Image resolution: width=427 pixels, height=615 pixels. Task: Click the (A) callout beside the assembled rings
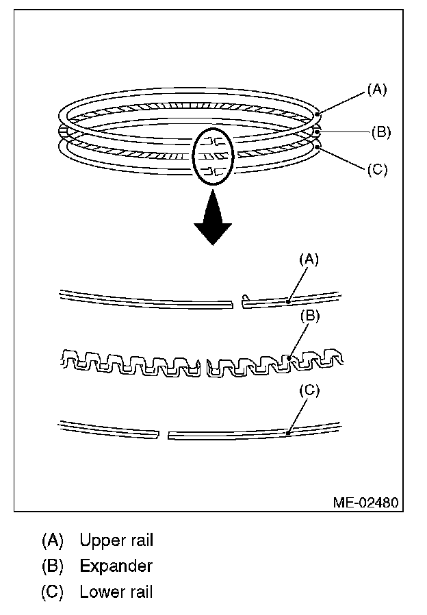377,89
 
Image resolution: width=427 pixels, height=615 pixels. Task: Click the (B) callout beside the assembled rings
380,132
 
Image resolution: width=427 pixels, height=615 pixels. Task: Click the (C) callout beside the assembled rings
377,169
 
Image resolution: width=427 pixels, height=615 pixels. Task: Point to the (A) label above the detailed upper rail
309,259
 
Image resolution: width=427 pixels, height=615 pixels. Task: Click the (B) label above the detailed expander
309,316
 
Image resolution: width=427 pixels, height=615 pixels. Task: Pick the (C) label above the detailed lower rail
309,390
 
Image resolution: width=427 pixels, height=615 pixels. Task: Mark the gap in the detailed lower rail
164,434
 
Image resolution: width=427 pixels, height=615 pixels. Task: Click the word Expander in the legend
116,566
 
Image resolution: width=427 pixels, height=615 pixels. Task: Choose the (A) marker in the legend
52,540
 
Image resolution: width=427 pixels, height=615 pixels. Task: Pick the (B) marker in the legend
52,566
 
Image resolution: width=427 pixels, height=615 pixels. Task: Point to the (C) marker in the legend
52,592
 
